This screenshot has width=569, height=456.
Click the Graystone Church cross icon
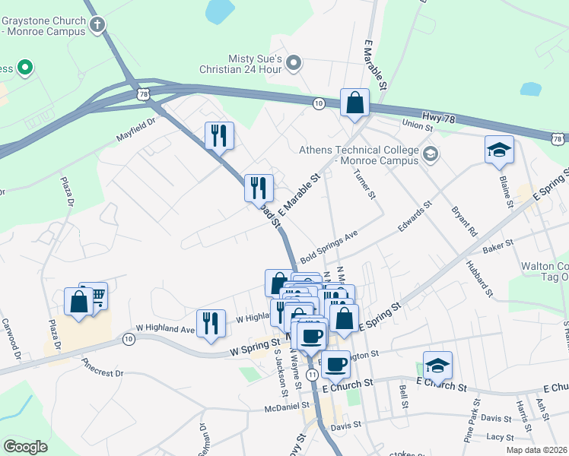pyautogui.click(x=97, y=26)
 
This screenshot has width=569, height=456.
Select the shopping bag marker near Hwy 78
pyautogui.click(x=354, y=103)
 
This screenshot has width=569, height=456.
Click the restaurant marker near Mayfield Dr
pyautogui.click(x=219, y=136)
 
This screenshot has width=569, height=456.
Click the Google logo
pyautogui.click(x=25, y=447)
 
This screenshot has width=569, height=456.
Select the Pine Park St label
pyautogui.click(x=469, y=421)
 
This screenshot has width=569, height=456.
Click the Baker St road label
pyautogui.click(x=498, y=245)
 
